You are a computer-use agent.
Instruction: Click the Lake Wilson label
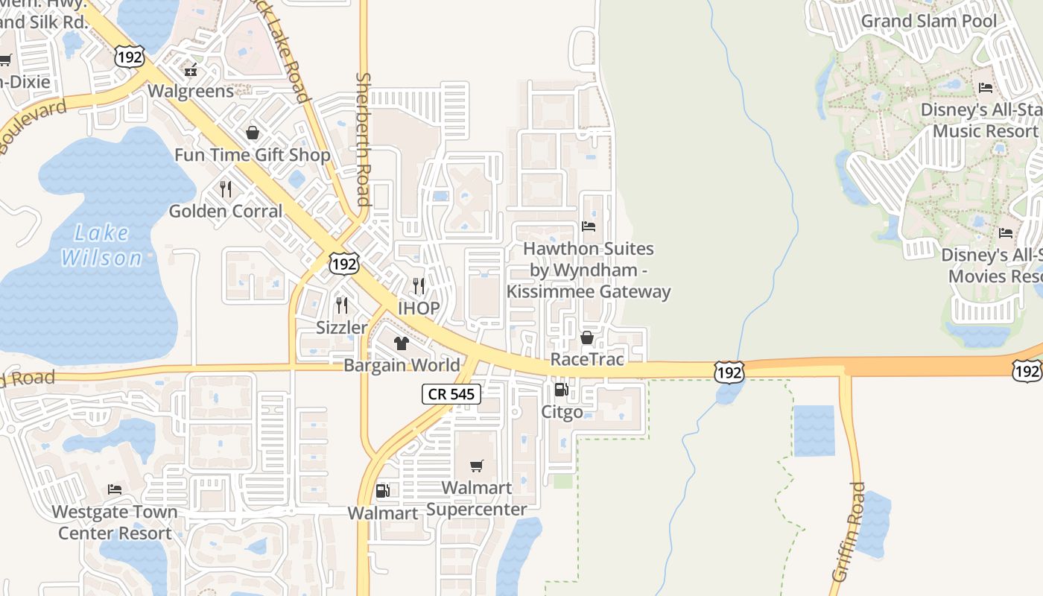click(x=101, y=246)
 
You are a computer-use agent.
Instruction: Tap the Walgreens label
click(x=191, y=91)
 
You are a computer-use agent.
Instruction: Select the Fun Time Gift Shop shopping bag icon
click(x=253, y=133)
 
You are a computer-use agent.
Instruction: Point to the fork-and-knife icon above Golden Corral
click(x=226, y=189)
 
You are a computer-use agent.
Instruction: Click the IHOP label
click(x=419, y=308)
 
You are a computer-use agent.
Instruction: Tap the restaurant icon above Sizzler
click(x=342, y=305)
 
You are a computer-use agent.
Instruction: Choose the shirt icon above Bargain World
click(x=402, y=343)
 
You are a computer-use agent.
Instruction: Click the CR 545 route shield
click(x=451, y=394)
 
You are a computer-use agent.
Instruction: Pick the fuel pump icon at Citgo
click(x=561, y=390)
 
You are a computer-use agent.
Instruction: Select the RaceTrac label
click(x=586, y=360)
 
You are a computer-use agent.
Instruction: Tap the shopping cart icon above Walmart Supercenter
click(x=477, y=466)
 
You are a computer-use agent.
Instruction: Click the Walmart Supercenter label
click(x=477, y=498)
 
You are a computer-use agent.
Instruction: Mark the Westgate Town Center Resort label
click(x=115, y=522)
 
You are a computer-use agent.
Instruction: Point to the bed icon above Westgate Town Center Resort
click(x=115, y=489)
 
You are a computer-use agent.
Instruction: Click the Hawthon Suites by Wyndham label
click(x=589, y=270)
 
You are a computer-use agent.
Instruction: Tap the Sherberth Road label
click(x=363, y=139)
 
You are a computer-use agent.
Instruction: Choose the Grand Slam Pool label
click(x=928, y=21)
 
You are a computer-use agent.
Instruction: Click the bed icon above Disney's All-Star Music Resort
click(x=986, y=88)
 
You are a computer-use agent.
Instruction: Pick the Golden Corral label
click(x=226, y=211)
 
